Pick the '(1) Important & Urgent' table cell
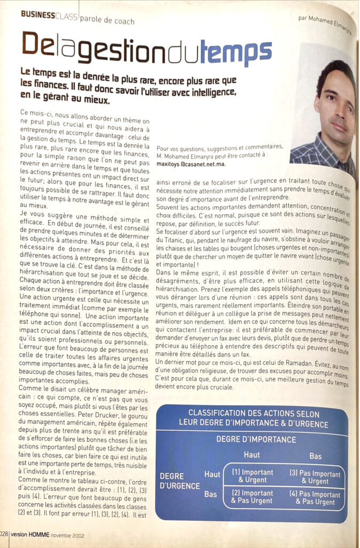click(252, 476)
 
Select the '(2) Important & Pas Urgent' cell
click(252, 497)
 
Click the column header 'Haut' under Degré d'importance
click(251, 455)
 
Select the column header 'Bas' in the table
click(315, 456)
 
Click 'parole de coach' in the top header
click(106, 21)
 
